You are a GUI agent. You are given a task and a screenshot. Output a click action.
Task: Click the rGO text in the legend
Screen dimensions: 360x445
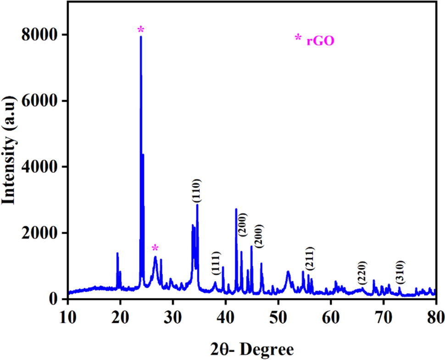point(320,41)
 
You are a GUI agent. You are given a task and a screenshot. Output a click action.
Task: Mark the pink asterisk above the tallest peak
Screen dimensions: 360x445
point(141,30)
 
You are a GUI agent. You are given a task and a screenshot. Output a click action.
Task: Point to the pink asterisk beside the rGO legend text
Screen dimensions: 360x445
point(298,39)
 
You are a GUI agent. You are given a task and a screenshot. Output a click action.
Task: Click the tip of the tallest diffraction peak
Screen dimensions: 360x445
point(141,37)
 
